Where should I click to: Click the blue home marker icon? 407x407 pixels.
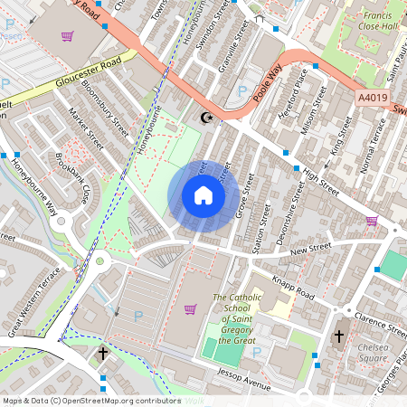[x=203, y=194]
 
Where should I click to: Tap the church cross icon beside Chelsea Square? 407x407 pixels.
[x=339, y=336]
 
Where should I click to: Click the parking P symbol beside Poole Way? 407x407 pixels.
[x=241, y=91]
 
